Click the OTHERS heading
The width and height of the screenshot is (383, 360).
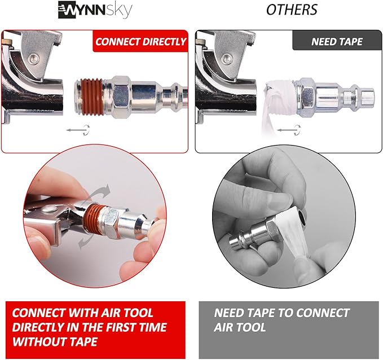point(291,10)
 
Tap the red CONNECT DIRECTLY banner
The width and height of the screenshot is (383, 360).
point(140,41)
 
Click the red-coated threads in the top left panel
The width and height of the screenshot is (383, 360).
point(90,93)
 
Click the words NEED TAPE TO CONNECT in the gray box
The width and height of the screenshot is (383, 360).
point(282,313)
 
